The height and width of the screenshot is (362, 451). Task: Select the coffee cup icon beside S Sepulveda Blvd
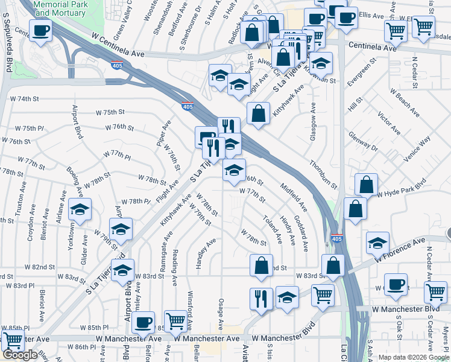pyautogui.click(x=40, y=31)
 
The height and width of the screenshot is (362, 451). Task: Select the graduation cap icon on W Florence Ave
pyautogui.click(x=377, y=243)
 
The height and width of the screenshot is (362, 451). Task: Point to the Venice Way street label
pyautogui.click(x=417, y=149)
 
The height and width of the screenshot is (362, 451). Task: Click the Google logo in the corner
pyautogui.click(x=20, y=355)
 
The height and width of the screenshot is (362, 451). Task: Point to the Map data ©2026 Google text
pyautogui.click(x=414, y=357)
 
